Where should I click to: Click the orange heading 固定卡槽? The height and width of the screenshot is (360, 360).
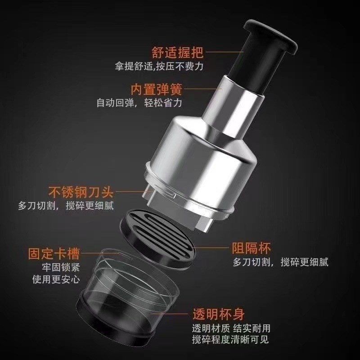point(56,252)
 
